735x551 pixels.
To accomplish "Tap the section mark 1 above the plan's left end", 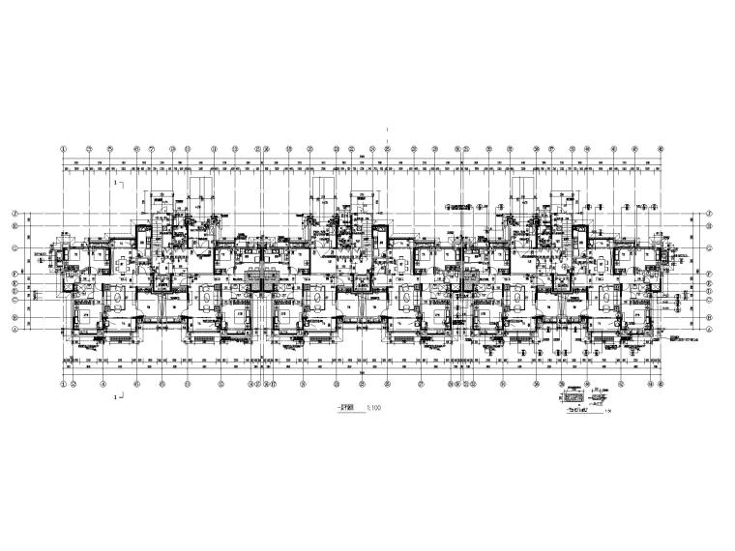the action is [x=117, y=181].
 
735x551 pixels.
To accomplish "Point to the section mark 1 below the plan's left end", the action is [x=117, y=396].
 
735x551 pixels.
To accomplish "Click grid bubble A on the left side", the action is [x=15, y=329].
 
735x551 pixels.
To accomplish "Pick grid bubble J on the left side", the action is [x=15, y=214].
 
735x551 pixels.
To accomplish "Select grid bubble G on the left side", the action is [x=15, y=247].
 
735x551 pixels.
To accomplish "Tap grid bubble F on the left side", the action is [x=15, y=274].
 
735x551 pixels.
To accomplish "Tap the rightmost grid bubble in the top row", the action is [x=661, y=149].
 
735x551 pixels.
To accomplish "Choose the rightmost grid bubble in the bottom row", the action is [x=661, y=383].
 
